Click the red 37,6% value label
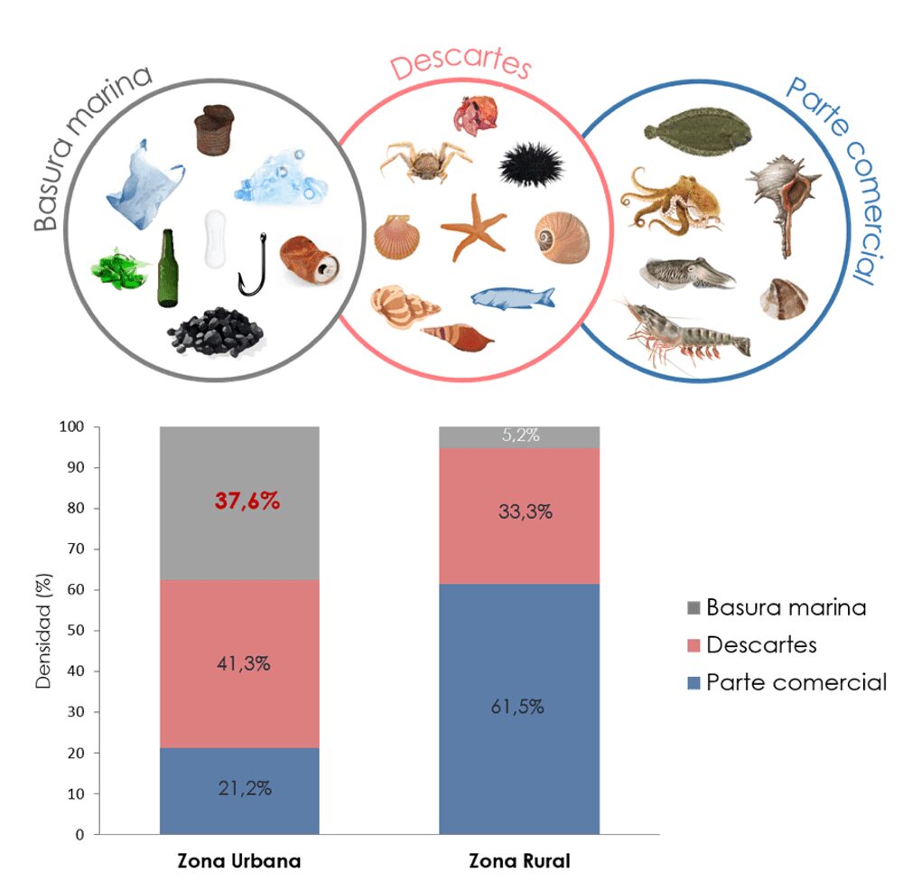click(247, 501)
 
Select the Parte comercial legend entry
click(786, 682)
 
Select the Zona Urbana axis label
click(238, 861)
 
